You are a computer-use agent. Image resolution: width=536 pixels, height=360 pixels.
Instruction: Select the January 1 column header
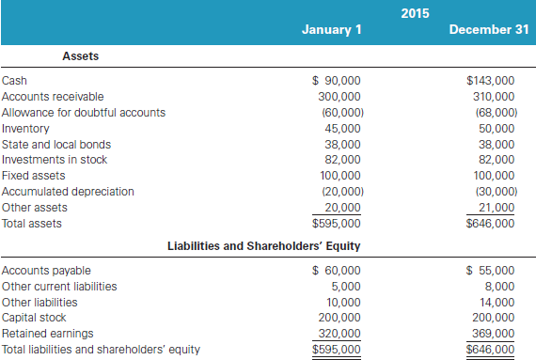(x=331, y=29)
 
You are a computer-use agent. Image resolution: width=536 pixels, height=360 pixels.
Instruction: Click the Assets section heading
(x=81, y=56)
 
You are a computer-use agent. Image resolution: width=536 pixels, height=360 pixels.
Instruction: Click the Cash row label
(x=15, y=81)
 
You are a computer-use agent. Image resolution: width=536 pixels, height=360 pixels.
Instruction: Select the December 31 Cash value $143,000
(x=490, y=81)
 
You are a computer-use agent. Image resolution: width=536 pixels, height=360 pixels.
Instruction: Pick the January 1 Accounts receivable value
(x=339, y=97)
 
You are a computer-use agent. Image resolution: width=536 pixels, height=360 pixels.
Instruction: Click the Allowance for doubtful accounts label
(x=83, y=113)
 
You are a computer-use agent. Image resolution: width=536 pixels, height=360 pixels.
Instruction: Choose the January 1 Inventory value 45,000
(x=342, y=129)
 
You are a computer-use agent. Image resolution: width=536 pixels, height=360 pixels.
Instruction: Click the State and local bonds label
(x=56, y=145)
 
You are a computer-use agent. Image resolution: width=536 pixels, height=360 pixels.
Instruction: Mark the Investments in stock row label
(x=54, y=161)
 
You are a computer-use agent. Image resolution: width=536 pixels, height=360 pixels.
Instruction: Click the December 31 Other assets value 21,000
(x=496, y=208)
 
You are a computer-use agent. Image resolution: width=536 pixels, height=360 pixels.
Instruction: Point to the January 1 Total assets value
(x=336, y=224)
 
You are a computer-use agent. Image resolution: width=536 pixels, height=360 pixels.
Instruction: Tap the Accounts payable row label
(x=40, y=271)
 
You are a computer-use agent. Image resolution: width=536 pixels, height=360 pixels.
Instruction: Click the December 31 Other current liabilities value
(x=499, y=287)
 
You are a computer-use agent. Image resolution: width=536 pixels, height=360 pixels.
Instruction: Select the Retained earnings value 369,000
(x=493, y=334)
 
